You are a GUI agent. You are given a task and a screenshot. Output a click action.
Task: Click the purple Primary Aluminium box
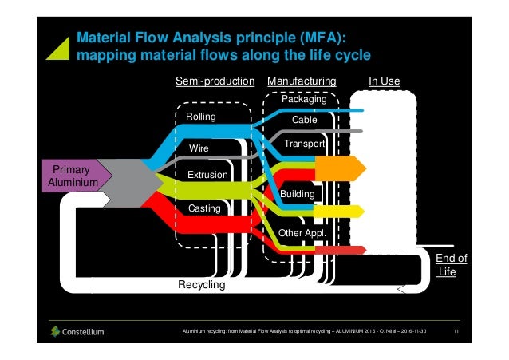(x=74, y=176)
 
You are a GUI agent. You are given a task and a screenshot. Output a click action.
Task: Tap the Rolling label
(x=201, y=117)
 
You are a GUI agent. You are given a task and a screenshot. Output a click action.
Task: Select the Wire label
(x=199, y=148)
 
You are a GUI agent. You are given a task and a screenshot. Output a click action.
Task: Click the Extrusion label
(x=207, y=175)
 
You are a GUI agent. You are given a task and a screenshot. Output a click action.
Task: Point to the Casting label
(x=203, y=208)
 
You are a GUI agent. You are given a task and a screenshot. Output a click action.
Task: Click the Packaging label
(x=304, y=100)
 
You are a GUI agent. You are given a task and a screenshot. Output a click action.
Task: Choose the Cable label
(x=304, y=120)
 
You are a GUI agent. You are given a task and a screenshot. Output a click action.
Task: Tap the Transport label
(x=304, y=144)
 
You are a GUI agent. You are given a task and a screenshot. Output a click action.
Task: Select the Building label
(x=297, y=194)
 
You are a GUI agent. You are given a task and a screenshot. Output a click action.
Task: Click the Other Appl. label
(x=302, y=233)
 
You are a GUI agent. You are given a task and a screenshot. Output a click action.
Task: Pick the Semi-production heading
(x=214, y=81)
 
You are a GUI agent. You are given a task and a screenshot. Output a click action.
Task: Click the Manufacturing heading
(x=302, y=81)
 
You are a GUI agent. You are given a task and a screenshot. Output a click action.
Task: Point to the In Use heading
(x=384, y=81)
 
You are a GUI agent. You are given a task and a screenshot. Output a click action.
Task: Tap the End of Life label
(x=451, y=265)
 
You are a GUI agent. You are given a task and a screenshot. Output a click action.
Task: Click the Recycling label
(x=201, y=285)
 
